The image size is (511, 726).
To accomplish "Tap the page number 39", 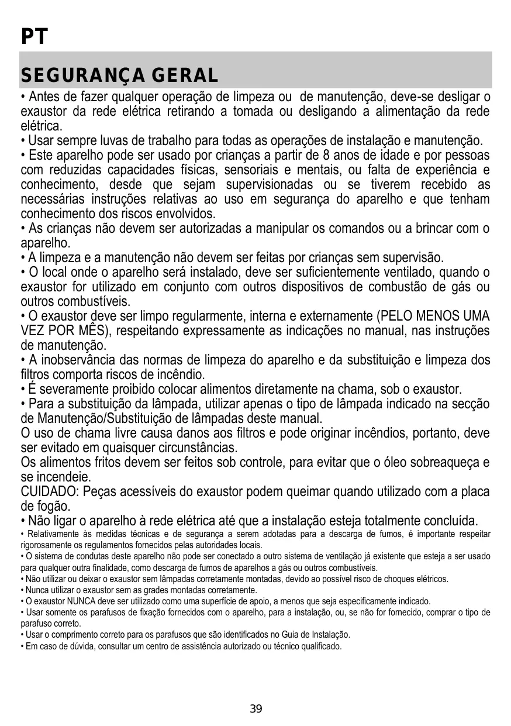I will (x=255, y=709).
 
